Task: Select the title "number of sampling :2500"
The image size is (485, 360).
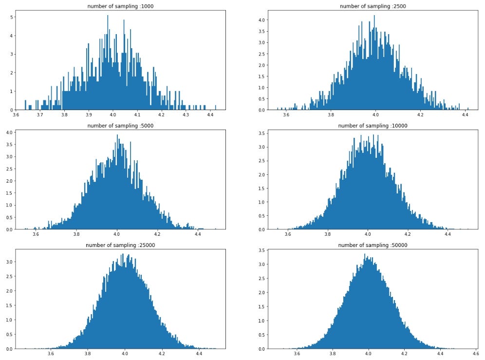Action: click(x=373, y=6)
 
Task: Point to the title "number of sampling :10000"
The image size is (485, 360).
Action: click(x=373, y=126)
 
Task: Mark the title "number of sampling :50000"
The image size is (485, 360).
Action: click(x=373, y=245)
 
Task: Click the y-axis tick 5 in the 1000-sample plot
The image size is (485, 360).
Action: click(x=11, y=17)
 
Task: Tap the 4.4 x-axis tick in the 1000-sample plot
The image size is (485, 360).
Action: click(x=210, y=115)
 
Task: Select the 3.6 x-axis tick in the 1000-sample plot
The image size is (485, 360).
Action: click(x=16, y=115)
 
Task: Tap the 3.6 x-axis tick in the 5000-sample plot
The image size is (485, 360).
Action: click(x=36, y=235)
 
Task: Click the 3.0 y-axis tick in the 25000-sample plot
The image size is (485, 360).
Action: click(x=9, y=262)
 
